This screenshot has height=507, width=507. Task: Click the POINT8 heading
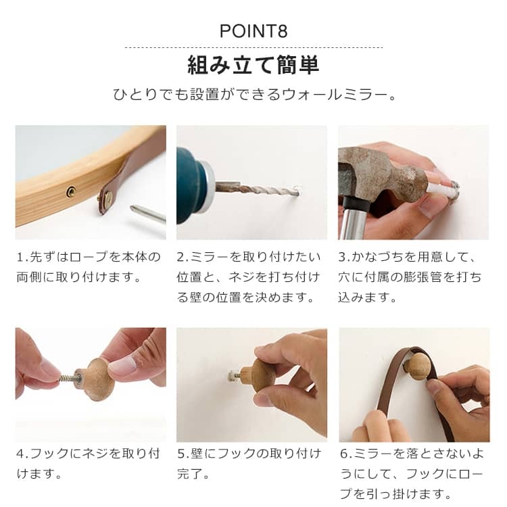click(254, 31)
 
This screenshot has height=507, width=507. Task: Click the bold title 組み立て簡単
click(254, 65)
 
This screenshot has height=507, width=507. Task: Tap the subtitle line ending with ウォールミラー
click(255, 95)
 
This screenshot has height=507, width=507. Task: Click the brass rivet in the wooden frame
click(71, 192)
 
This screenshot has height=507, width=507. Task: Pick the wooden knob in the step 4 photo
click(97, 379)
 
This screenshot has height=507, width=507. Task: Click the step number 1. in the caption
click(22, 257)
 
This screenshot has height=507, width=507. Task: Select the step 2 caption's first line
click(248, 257)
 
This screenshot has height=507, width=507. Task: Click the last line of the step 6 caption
click(396, 494)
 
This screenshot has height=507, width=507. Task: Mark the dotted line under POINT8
click(254, 47)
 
